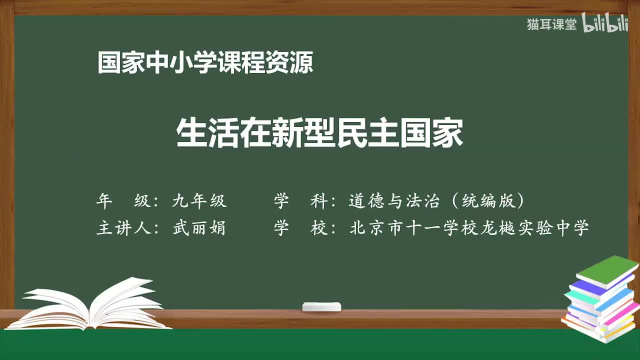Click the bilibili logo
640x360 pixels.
605,23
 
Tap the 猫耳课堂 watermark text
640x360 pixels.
551,24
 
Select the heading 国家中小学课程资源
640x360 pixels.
205,63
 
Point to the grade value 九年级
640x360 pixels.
199,201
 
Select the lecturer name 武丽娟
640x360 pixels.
199,228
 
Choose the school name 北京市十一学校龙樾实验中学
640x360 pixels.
469,228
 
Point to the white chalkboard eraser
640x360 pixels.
321,306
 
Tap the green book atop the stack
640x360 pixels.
607,270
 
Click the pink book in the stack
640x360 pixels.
622,312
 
